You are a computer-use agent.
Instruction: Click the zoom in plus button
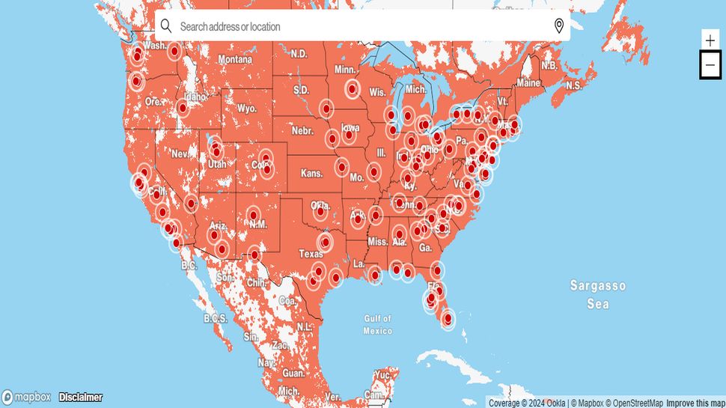point(710,40)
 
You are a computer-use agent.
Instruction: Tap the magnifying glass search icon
point(166,26)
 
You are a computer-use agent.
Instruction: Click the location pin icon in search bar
point(558,26)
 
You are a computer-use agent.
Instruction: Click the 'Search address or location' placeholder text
point(231,26)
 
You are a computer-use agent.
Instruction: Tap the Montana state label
point(235,59)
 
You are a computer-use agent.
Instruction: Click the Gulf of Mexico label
point(378,324)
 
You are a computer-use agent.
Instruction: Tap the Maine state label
point(528,82)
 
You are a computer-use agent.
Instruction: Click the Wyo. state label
point(246,108)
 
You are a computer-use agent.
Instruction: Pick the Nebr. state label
point(302,130)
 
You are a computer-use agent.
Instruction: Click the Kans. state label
point(311,173)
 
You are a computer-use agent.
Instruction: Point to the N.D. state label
point(299,53)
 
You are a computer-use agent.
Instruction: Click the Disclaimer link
point(81,397)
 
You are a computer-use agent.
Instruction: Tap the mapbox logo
point(27,397)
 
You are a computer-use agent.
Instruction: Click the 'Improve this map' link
point(695,403)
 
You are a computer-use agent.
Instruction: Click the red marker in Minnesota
point(352,89)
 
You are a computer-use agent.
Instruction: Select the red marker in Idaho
point(183,109)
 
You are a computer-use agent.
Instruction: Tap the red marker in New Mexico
point(252,216)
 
